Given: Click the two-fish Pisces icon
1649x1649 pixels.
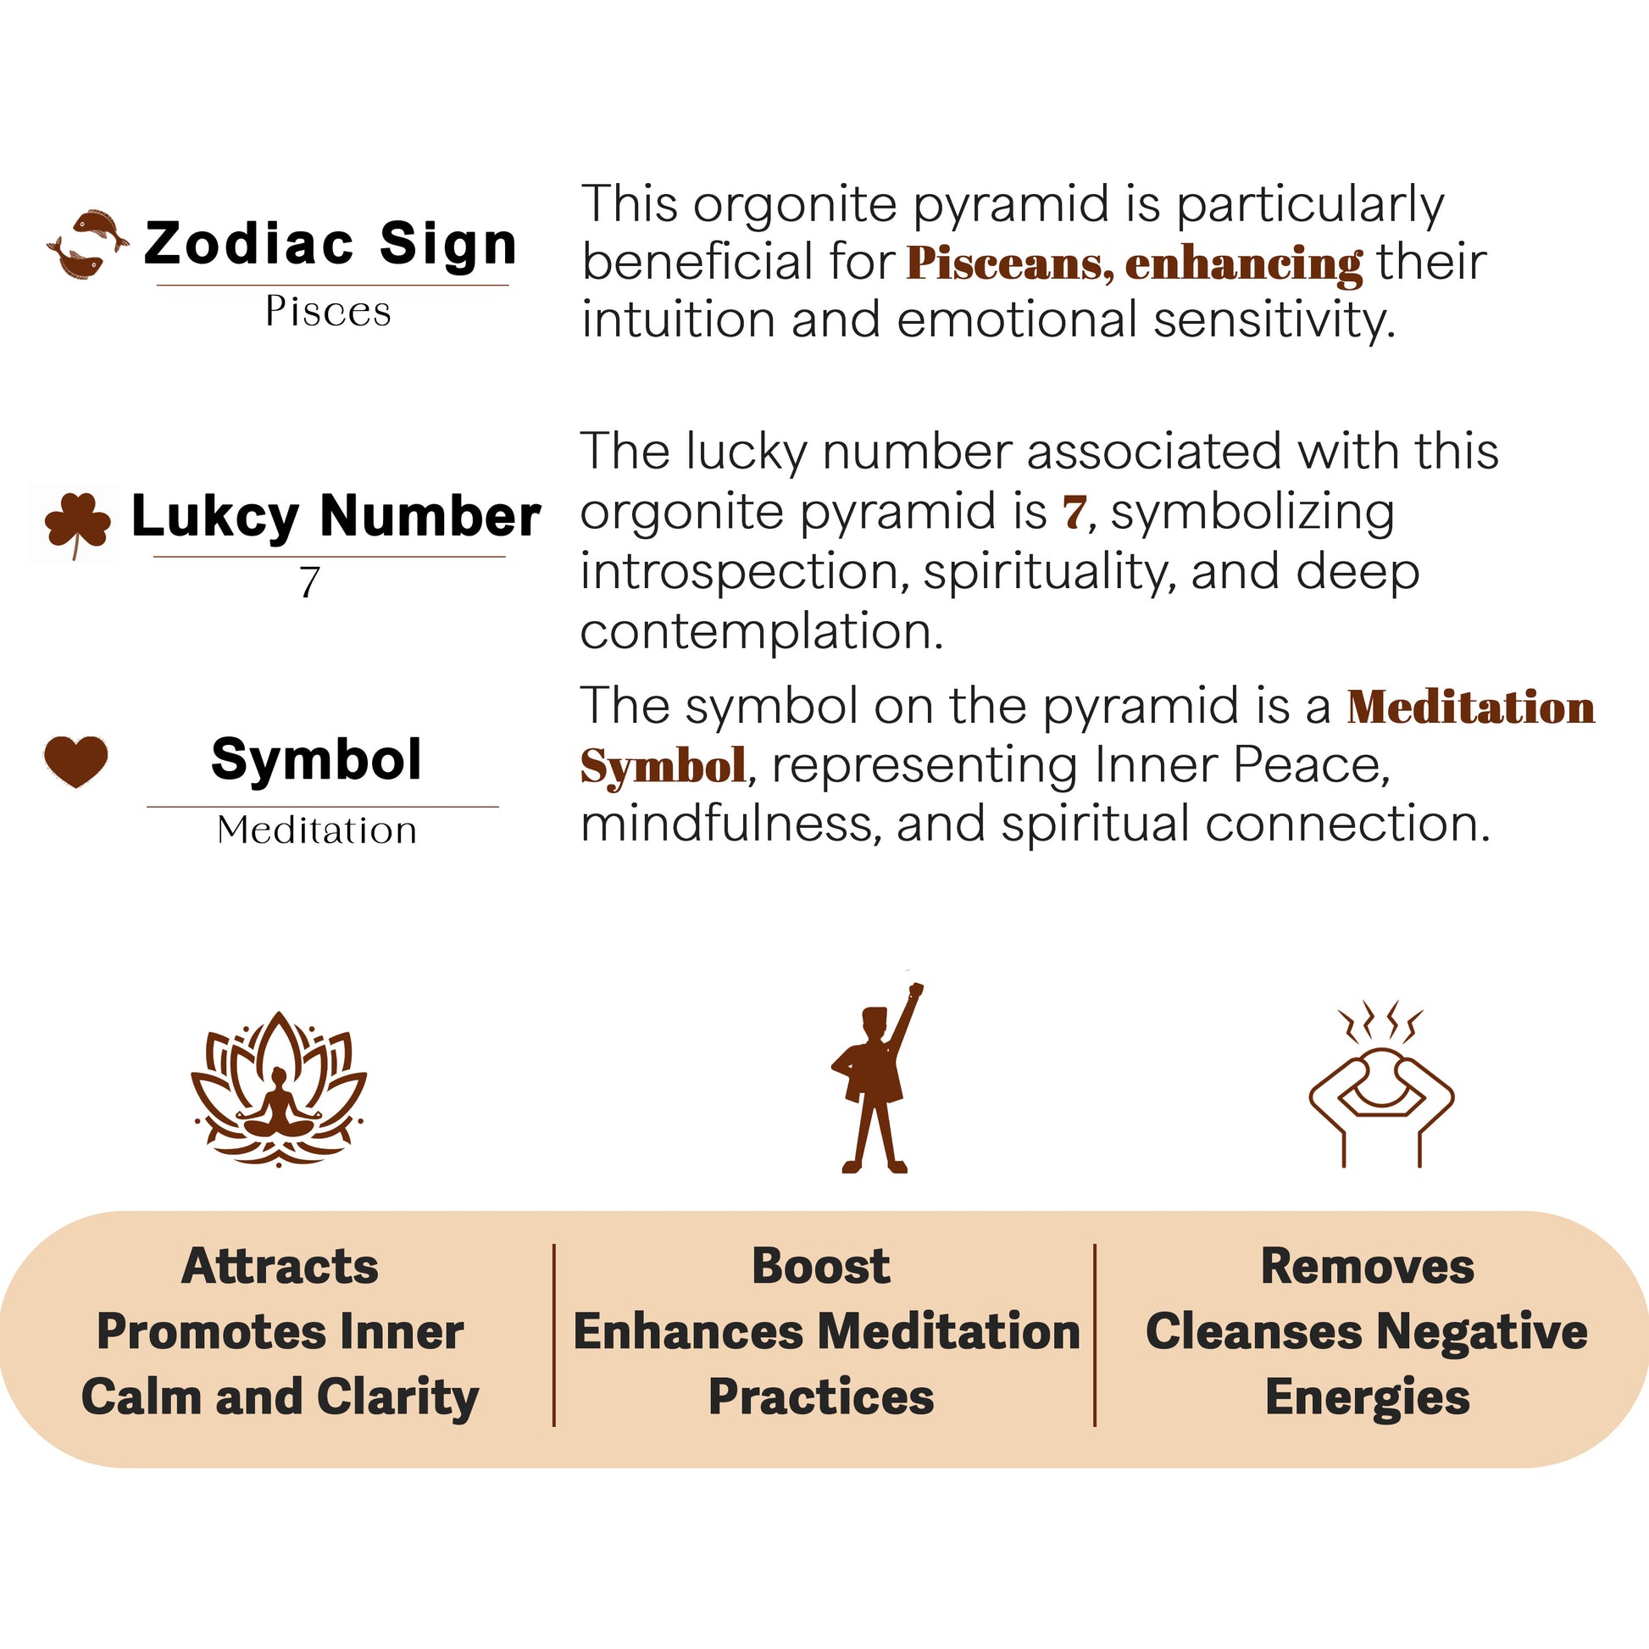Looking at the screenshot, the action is point(88,244).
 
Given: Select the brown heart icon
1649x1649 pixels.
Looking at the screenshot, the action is point(76,760).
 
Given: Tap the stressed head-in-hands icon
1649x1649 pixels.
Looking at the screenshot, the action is point(1382,1083).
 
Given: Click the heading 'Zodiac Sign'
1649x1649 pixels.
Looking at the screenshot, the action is point(331,243).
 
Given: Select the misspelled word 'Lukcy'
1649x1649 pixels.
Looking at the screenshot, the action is point(215,517).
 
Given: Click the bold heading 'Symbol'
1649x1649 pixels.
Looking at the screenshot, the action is point(317,758).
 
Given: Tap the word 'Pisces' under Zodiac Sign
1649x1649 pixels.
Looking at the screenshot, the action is point(329,311).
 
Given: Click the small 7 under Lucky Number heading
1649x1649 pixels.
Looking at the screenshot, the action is point(309,583).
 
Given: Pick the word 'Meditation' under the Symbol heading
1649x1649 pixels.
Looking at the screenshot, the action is point(317,830).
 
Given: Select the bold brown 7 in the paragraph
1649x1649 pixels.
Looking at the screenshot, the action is point(1074,512).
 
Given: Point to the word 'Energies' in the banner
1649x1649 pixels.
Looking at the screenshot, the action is point(1368,1398).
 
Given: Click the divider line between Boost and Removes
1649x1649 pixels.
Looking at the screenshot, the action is point(1094,1334).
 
